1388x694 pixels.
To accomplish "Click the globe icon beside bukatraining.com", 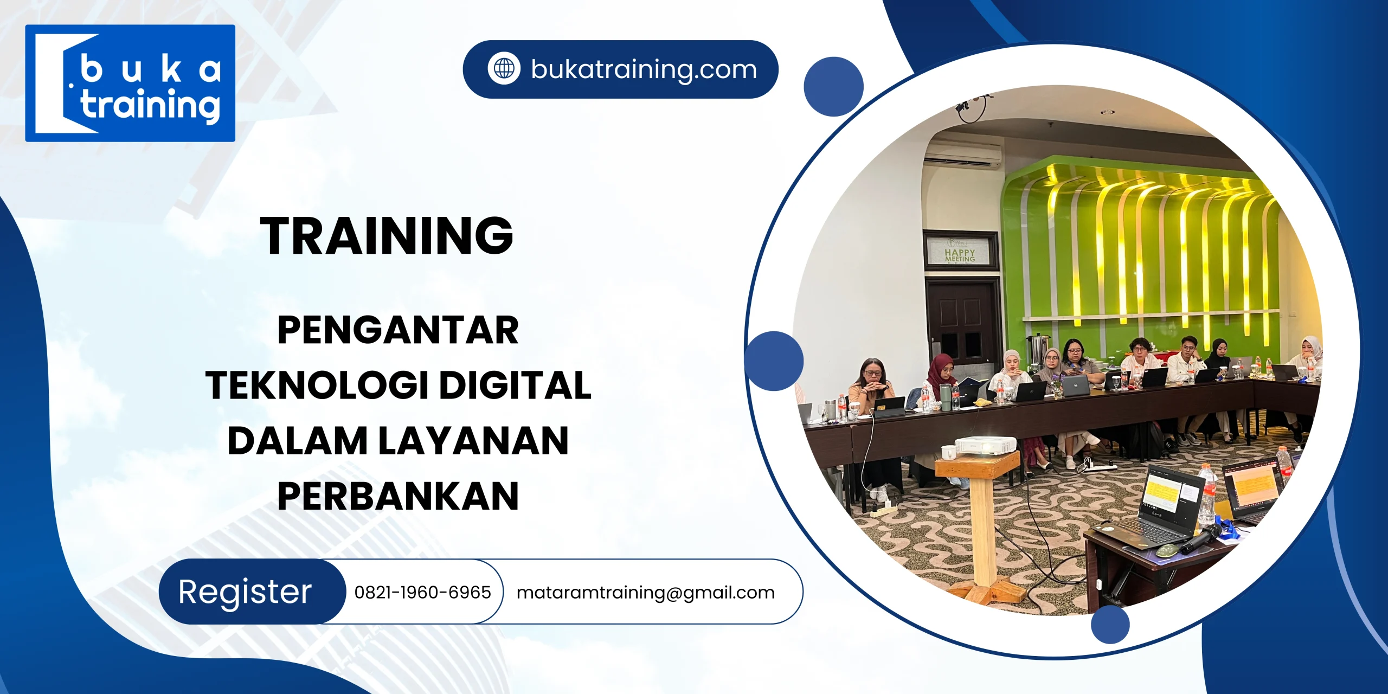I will [x=504, y=69].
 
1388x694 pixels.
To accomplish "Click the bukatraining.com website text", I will [x=644, y=69].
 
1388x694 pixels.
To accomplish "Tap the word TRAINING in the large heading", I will [x=387, y=235].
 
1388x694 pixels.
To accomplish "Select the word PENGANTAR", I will [x=398, y=330].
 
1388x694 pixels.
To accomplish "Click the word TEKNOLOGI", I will [x=317, y=385].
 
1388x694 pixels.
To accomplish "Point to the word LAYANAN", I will [x=473, y=440].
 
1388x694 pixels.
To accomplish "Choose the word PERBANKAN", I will [x=398, y=496].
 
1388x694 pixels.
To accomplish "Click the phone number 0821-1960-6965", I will [x=422, y=592].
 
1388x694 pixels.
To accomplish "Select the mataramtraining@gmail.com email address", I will [x=645, y=593].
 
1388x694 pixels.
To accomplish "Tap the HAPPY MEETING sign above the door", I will [x=960, y=251].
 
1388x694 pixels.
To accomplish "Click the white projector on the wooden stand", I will [x=985, y=445].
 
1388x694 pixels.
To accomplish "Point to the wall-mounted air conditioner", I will [x=962, y=156].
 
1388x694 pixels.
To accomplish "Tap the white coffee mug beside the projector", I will [x=948, y=452].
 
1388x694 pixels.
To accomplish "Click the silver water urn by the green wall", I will [x=1037, y=347].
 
